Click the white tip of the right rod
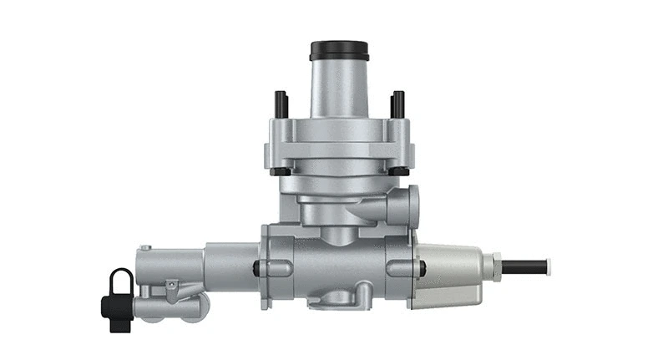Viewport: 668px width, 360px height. click(544, 267)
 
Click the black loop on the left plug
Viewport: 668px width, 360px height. click(120, 280)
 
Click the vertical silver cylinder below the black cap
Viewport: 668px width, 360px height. click(340, 88)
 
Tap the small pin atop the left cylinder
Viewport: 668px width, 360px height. click(146, 247)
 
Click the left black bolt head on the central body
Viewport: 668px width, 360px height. click(256, 268)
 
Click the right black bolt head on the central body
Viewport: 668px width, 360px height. click(423, 268)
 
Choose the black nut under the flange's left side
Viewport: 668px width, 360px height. click(281, 172)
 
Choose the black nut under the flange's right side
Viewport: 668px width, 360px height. click(399, 172)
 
